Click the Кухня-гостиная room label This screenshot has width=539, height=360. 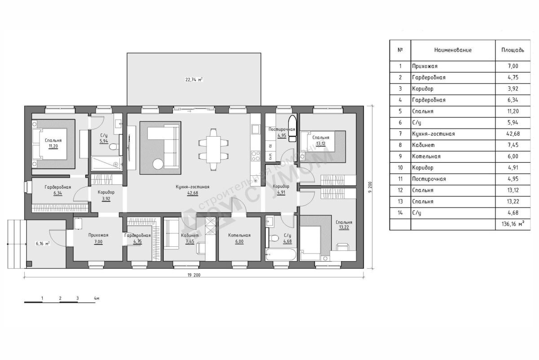point(193,187)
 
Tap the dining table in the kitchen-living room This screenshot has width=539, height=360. point(213,150)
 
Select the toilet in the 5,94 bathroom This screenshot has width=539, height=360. point(113,147)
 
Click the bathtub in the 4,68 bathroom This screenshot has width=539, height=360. point(281,254)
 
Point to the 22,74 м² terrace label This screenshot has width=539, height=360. point(194,80)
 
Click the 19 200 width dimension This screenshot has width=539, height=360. point(194,275)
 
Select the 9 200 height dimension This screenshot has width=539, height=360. point(370,187)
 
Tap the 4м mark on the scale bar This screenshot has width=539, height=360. point(97,298)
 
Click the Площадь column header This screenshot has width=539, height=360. point(512,50)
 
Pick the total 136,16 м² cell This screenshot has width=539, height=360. point(513,224)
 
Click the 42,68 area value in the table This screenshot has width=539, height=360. point(513,134)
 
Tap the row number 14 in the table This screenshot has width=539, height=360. point(400,213)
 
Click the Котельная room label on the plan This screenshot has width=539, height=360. point(239,235)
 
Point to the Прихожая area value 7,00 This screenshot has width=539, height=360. point(98,242)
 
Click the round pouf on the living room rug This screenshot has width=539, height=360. point(158,164)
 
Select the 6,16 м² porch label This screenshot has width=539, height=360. point(43,244)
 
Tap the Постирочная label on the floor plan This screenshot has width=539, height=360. point(282,129)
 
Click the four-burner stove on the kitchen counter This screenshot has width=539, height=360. point(255,156)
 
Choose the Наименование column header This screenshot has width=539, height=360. point(453,50)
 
